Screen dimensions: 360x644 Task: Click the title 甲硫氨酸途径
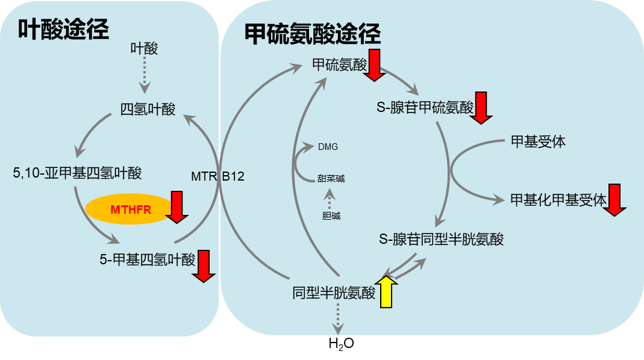[x=313, y=34]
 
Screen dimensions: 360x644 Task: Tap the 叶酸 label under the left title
[x=144, y=49]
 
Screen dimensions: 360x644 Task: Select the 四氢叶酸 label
[x=148, y=110]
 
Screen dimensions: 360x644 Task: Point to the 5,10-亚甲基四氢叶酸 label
[x=77, y=173]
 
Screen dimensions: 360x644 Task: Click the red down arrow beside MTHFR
[x=177, y=206]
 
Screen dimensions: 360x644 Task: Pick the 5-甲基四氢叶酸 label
[x=147, y=259]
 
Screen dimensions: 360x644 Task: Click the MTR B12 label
[x=217, y=176]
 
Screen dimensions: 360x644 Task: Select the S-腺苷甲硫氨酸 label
[x=425, y=108]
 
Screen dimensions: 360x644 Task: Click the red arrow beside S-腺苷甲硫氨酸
[x=481, y=108]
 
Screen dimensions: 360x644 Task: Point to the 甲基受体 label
[x=538, y=142]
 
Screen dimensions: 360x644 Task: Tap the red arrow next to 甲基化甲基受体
[x=614, y=200]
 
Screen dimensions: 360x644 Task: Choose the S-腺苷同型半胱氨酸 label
[x=441, y=239]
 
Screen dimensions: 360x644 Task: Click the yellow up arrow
[x=386, y=292]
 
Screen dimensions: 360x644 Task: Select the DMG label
[x=328, y=146]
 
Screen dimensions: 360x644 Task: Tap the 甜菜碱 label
[x=331, y=178]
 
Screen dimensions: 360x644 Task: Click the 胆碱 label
[x=331, y=216]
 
